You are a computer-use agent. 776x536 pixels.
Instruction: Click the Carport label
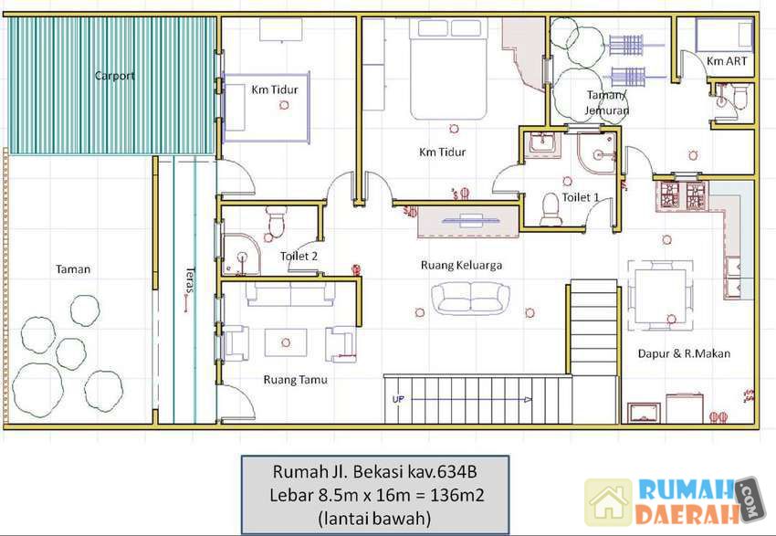pos(114,76)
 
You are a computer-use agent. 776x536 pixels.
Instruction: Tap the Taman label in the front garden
pos(73,269)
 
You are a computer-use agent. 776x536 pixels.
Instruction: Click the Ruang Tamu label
pos(296,380)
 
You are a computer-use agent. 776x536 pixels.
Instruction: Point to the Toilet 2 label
pos(299,257)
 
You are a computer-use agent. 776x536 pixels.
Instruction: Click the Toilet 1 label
pos(581,197)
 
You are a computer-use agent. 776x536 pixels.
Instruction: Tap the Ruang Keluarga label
pos(461,266)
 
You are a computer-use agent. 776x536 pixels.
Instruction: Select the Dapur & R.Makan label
pos(684,353)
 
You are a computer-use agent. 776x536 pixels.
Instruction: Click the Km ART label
pos(727,61)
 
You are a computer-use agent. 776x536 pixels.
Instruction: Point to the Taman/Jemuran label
pos(607,102)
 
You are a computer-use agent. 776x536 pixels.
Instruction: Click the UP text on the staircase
pos(398,399)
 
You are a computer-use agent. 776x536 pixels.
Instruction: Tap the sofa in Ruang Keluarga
pos(470,299)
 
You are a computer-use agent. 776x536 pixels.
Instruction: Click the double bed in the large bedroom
pos(448,68)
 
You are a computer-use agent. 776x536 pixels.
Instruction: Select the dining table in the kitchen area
pos(660,296)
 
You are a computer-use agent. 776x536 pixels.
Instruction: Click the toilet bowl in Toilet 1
pos(551,209)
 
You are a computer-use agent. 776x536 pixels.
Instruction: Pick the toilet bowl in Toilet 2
pos(276,221)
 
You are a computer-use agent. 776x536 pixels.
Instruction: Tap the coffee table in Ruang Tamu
pos(286,342)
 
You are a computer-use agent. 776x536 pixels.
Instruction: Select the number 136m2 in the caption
pos(456,495)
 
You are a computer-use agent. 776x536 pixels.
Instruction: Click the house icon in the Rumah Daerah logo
pos(609,502)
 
